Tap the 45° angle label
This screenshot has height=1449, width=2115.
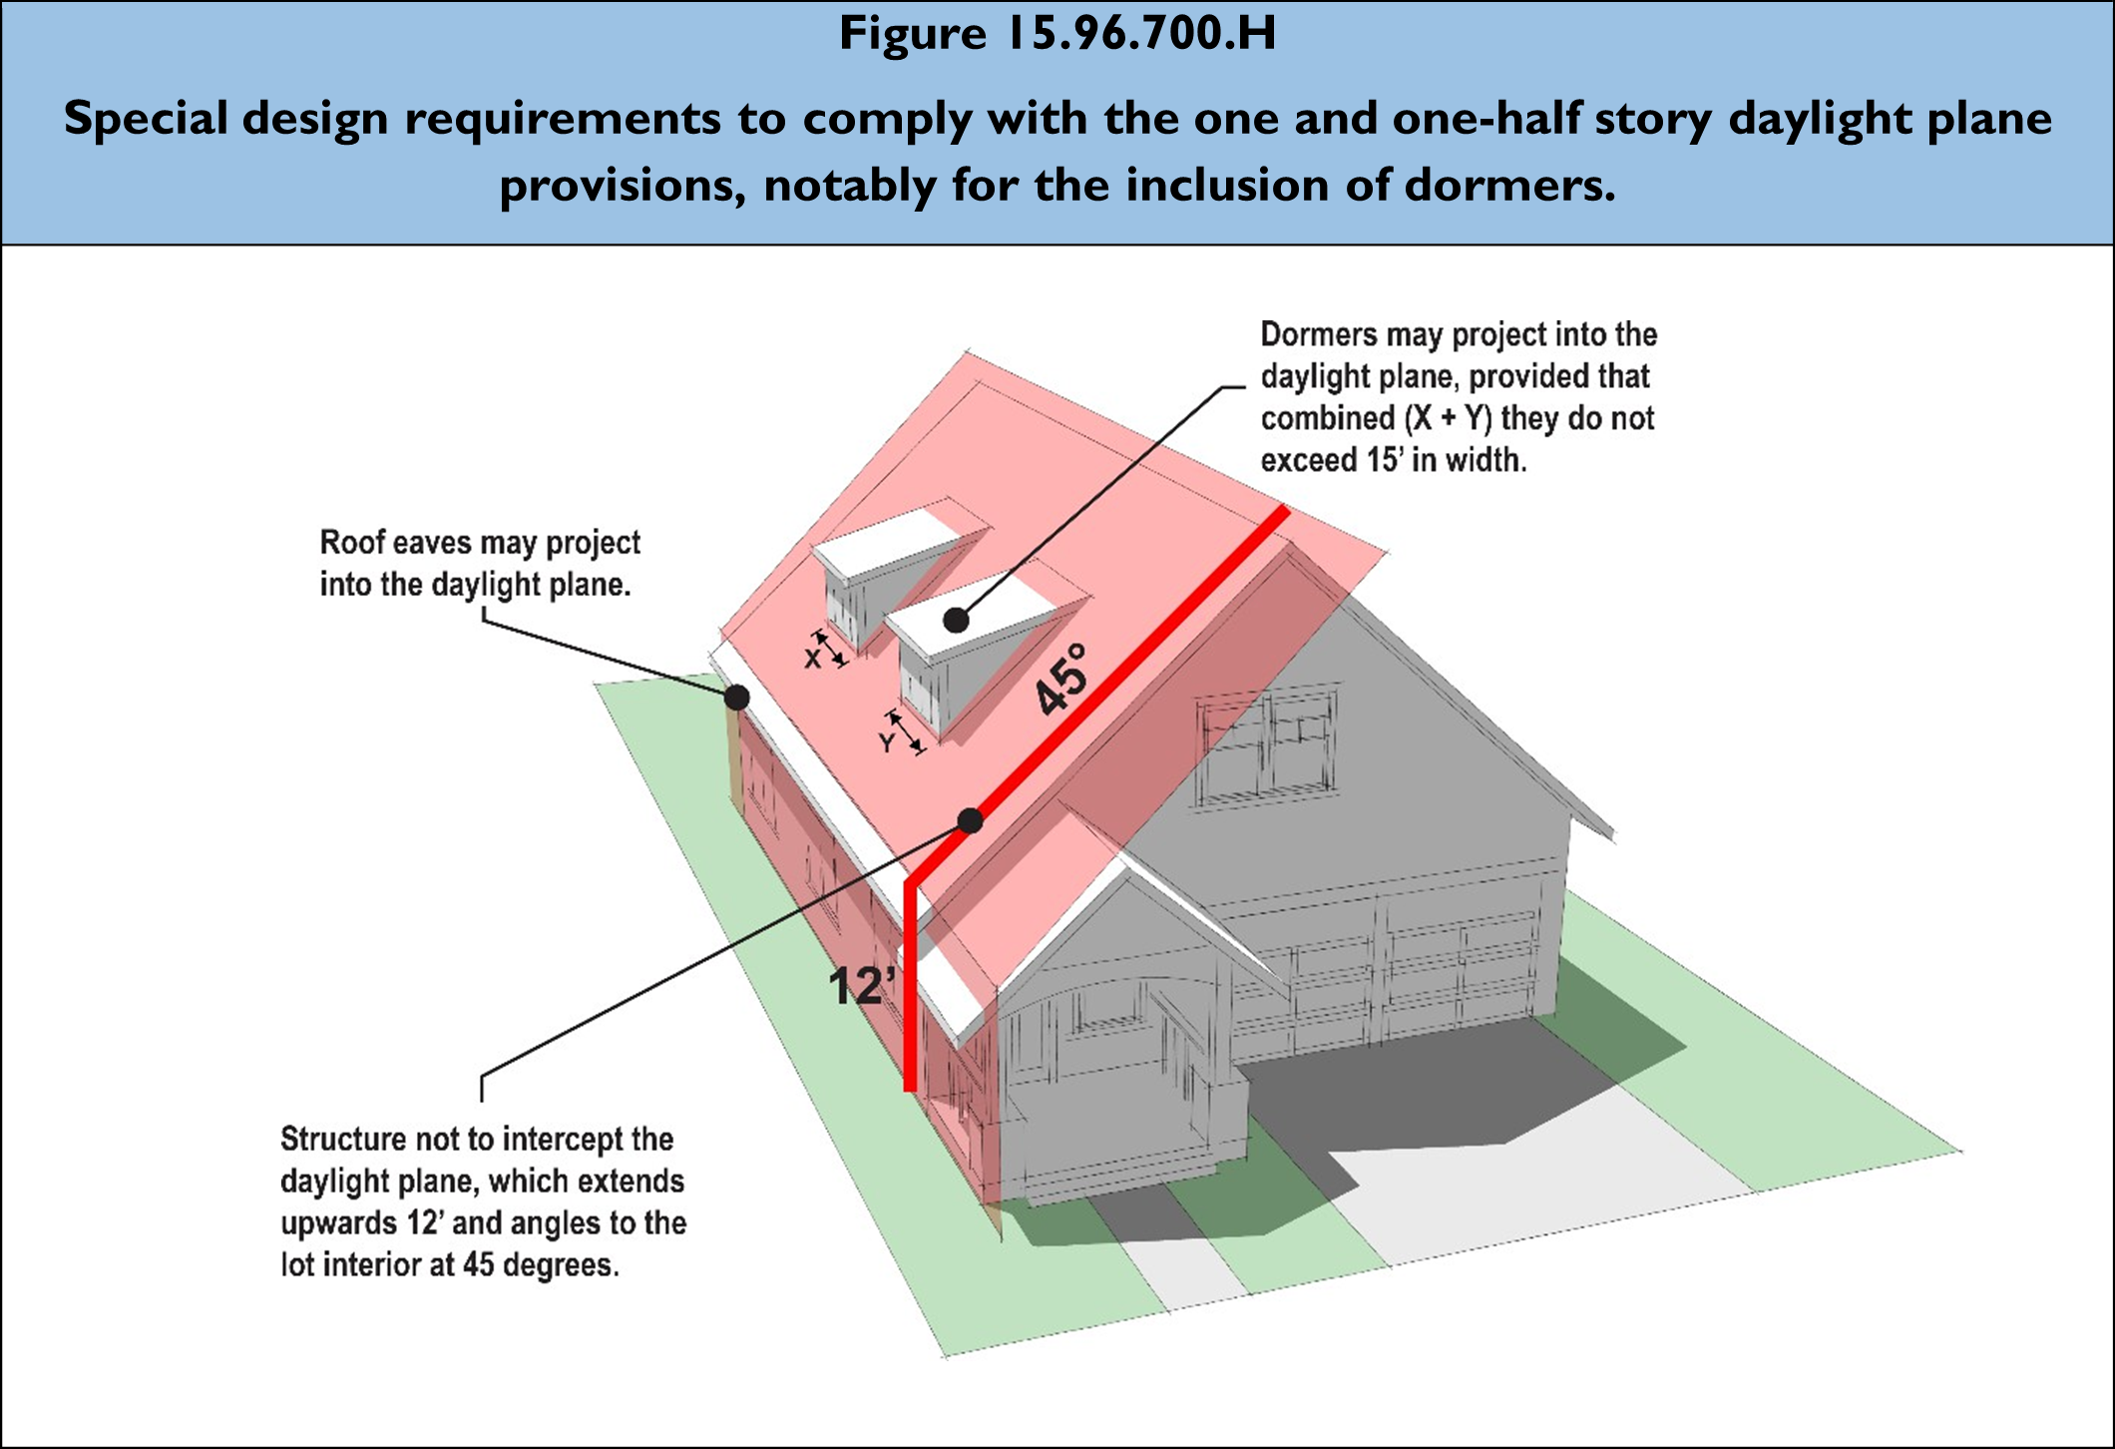pyautogui.click(x=1061, y=681)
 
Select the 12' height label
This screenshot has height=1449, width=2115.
pyautogui.click(x=857, y=986)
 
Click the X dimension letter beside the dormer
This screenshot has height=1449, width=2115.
pyautogui.click(x=813, y=660)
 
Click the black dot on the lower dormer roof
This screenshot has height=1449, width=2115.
pyautogui.click(x=956, y=620)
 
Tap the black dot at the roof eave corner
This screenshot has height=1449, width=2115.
pyautogui.click(x=736, y=697)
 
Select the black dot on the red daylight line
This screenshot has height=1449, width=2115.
pyautogui.click(x=970, y=820)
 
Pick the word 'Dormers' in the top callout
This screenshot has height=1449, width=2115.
pyautogui.click(x=1321, y=335)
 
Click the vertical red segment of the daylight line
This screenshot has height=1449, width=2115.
pyautogui.click(x=910, y=988)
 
